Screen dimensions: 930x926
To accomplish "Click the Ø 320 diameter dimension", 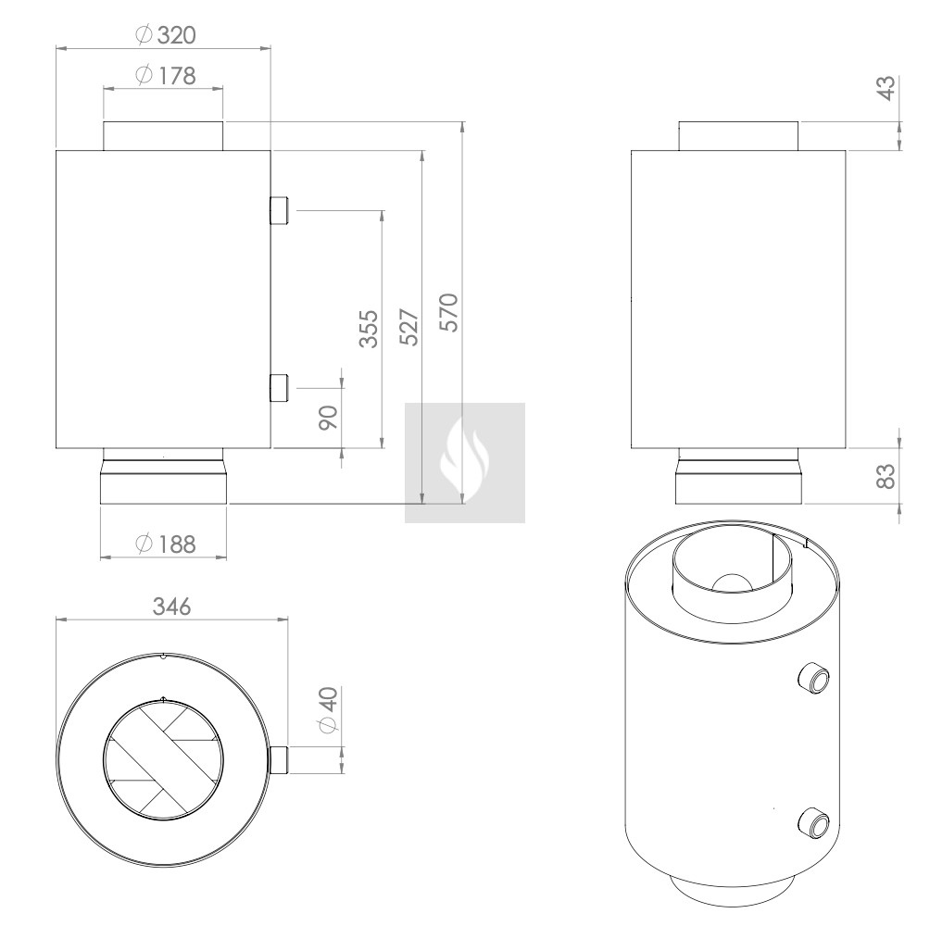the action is point(166,35).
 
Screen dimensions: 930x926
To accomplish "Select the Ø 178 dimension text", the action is point(166,76).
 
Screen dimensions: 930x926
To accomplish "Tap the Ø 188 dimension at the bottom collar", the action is point(166,544).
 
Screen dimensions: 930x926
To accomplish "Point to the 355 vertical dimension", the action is point(369,329).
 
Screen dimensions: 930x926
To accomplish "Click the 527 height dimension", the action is point(409,327).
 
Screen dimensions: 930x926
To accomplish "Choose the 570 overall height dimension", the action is point(449,312).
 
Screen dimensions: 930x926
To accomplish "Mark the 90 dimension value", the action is point(328,418).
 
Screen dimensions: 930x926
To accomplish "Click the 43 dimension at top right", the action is point(886,88).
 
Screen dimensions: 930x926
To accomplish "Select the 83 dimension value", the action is point(886,476).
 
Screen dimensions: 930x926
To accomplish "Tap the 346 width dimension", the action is point(172,607).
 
